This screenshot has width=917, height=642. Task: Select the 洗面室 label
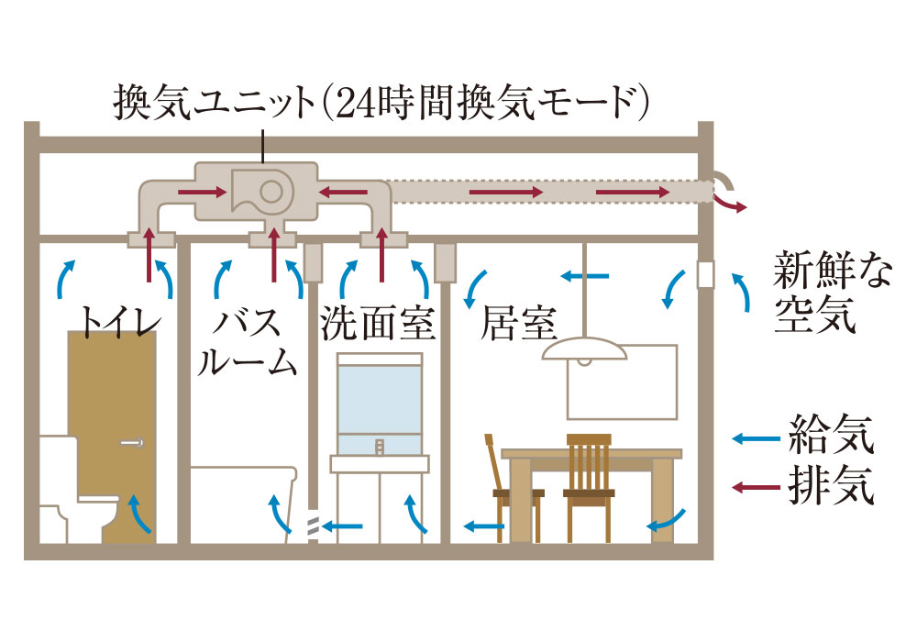click(x=377, y=324)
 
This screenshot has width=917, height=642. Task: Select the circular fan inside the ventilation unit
click(x=271, y=191)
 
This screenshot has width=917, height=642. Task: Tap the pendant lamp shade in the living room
click(x=584, y=351)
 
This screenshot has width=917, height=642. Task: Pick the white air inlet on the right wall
click(x=705, y=274)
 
